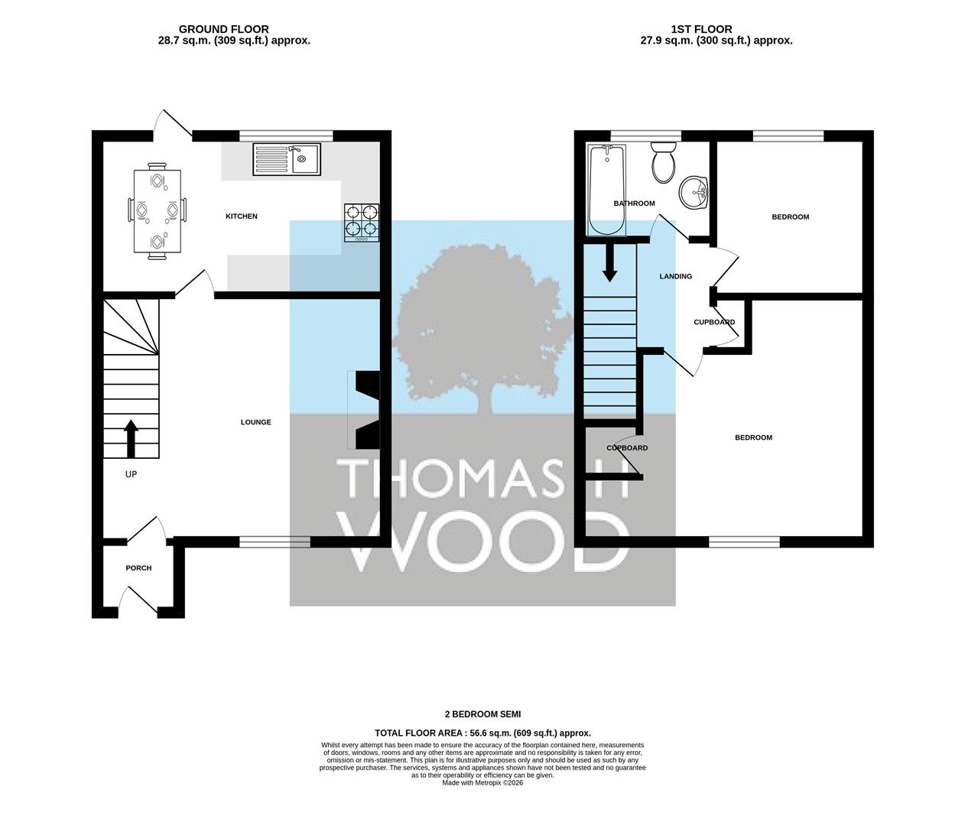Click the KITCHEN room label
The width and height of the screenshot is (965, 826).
[x=242, y=216]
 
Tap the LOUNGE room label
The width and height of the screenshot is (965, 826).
[x=256, y=422]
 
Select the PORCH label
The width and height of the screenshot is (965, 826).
[x=138, y=567]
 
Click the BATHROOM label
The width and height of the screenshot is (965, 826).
[x=634, y=203]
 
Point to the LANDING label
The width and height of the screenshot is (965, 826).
[x=675, y=276]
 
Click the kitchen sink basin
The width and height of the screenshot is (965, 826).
[x=305, y=159]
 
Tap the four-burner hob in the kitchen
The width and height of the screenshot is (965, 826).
[x=362, y=223]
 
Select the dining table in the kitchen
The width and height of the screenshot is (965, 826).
[x=158, y=212]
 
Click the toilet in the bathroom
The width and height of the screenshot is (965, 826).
[x=664, y=162]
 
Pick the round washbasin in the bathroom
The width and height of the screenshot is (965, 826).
[x=694, y=193]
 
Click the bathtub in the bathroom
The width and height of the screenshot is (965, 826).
[x=606, y=190]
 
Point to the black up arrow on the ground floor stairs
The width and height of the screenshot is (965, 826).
[x=132, y=438]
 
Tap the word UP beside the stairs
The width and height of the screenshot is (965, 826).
[x=132, y=474]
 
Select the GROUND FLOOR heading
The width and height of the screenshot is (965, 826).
[x=223, y=29]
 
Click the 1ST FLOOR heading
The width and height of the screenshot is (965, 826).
[x=702, y=29]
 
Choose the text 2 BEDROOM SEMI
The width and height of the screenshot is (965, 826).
[x=482, y=714]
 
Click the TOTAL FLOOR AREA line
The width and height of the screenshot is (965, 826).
[x=482, y=733]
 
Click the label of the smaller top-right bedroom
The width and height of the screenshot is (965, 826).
[x=791, y=216]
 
